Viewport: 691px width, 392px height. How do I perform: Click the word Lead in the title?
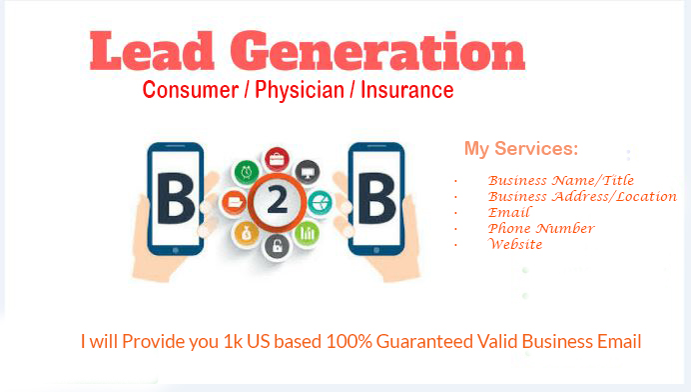(149, 52)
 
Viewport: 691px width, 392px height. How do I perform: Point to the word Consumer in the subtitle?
(187, 91)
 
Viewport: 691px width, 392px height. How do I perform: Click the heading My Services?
(520, 150)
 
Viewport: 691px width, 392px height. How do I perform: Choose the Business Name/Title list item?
(561, 180)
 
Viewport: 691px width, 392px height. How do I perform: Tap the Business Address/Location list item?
(582, 196)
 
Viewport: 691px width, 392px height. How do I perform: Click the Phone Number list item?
(541, 228)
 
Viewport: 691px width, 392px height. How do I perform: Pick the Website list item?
(515, 244)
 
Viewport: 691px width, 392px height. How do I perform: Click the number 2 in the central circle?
(277, 202)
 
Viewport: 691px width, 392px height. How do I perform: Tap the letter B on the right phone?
(375, 201)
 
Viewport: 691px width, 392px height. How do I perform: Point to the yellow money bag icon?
(247, 234)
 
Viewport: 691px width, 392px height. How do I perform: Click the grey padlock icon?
(277, 246)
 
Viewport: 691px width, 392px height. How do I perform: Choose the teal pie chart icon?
(320, 202)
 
